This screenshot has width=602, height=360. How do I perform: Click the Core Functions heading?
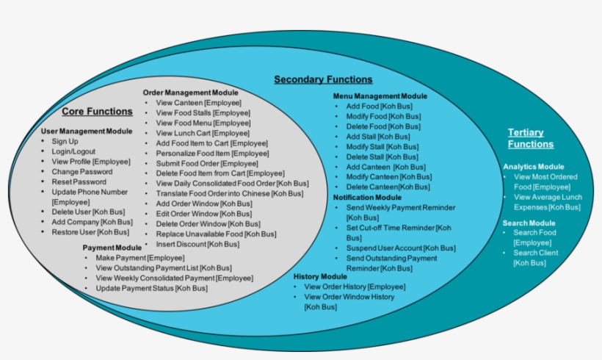97,112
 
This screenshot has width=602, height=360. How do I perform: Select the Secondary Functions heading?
323,79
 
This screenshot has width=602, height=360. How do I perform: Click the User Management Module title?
87,131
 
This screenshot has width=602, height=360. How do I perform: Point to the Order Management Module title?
190,93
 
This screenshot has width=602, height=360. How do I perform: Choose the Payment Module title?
112,248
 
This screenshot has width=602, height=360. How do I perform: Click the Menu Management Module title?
380,96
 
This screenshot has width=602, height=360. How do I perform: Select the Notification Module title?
367,197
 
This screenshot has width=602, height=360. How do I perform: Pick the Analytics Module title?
534,167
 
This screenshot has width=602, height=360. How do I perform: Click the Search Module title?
529,223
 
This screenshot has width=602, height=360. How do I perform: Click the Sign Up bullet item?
65,141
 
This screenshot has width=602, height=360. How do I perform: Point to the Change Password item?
82,172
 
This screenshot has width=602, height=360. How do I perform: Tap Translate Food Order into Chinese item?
229,193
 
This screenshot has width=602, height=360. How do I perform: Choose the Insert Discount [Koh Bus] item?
197,244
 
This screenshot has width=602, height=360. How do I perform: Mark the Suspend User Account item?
401,248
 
